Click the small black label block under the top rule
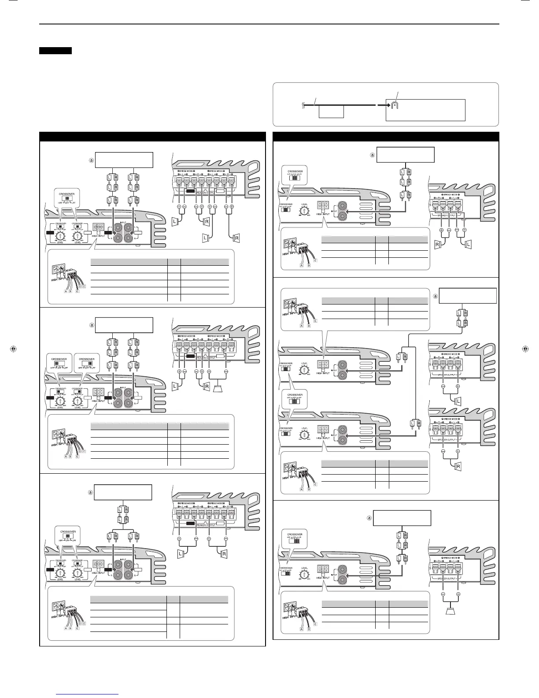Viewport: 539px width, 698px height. tap(55, 51)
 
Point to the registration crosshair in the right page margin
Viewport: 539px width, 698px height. tap(524, 348)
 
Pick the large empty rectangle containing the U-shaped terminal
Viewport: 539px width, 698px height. tap(425, 110)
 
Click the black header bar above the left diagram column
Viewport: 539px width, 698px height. tap(152, 136)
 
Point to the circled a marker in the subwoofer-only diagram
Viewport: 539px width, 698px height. tap(369, 518)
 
